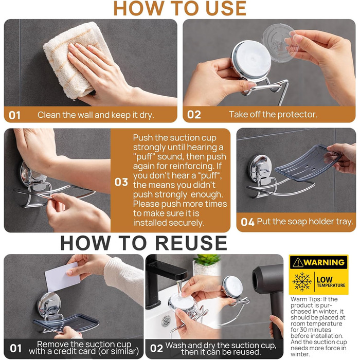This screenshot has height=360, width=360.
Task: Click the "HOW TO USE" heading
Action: coord(180,9)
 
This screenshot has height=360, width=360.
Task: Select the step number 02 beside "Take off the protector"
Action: coord(194,115)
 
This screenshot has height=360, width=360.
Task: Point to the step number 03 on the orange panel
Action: coord(121,182)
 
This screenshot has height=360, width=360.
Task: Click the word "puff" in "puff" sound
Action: coord(143,157)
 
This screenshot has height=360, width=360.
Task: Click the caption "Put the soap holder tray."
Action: coord(305,222)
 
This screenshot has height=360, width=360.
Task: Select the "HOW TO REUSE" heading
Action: coord(143,243)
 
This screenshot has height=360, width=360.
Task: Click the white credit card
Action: coord(62,277)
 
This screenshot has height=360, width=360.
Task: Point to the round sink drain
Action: coord(166,321)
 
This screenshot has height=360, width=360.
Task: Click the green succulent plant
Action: coord(207,260)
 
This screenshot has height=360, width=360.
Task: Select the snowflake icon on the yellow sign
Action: coord(302,282)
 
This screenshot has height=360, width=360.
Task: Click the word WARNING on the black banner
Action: coord(324,262)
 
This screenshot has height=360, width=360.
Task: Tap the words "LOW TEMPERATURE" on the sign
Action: coord(331,282)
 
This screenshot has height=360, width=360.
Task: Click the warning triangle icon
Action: coord(298,262)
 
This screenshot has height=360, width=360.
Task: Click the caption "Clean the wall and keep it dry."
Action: coord(96,115)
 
